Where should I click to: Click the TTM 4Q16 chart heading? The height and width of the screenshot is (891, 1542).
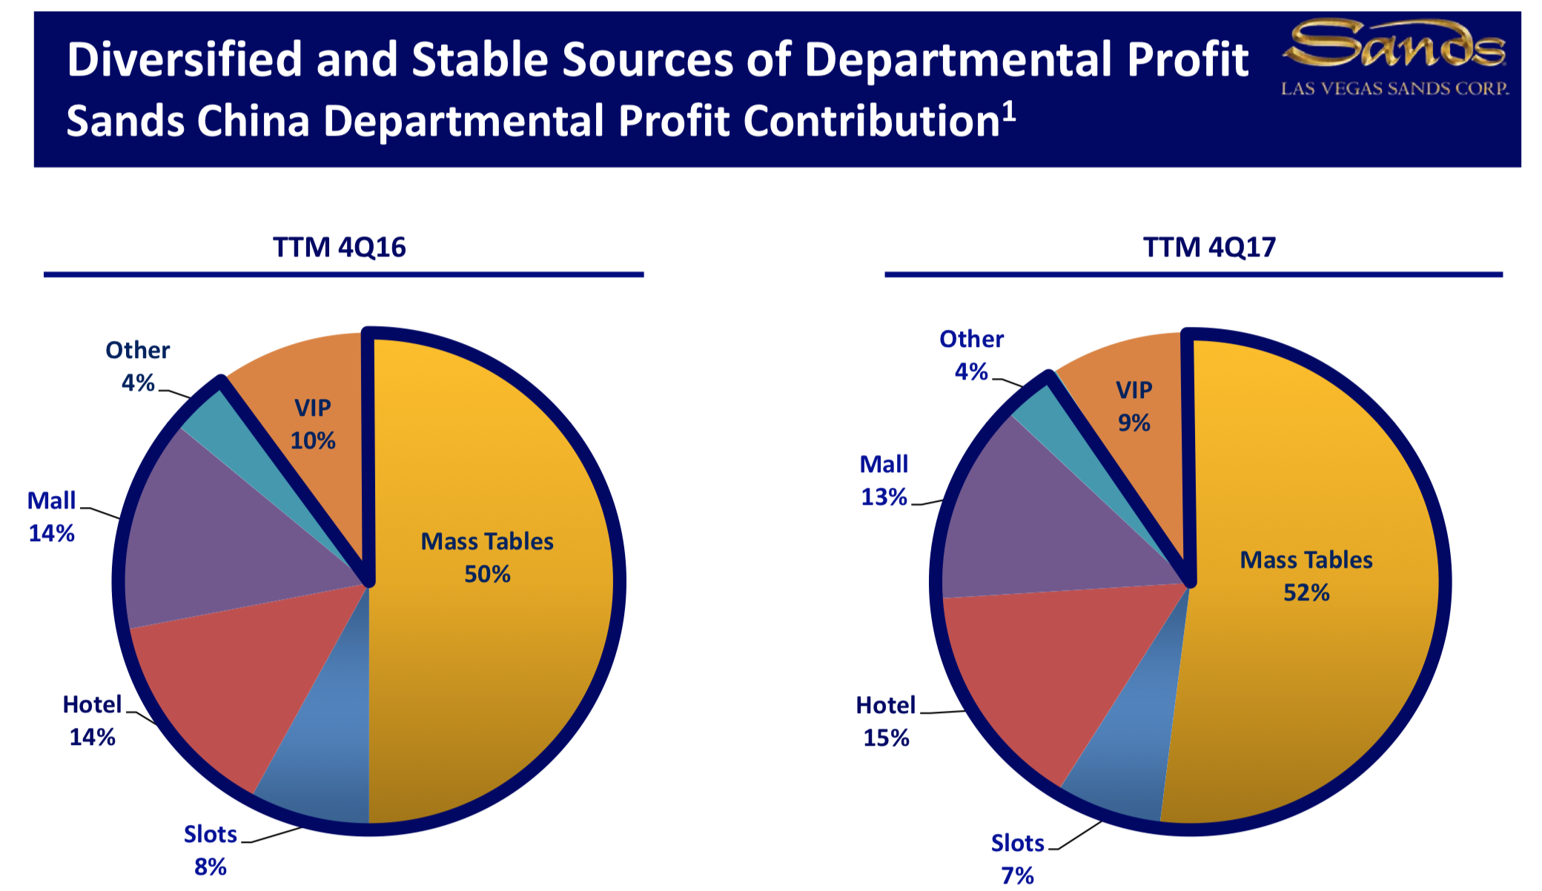point(339,247)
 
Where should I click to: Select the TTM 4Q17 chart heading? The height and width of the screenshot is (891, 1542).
point(1209,247)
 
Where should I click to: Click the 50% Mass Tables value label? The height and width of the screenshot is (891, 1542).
point(487,574)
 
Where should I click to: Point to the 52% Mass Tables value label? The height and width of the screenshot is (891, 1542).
point(1306,593)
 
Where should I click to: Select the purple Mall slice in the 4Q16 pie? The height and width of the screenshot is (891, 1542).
point(222,534)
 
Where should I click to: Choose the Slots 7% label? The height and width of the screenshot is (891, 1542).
point(1017,859)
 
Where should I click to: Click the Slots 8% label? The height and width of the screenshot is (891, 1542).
point(210,850)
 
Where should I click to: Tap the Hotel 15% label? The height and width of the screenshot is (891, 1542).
point(886,721)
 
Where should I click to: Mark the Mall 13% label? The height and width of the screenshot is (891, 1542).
point(884,480)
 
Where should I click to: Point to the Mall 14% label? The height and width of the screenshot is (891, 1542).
point(51,517)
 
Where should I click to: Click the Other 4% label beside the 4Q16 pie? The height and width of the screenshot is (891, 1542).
point(138,366)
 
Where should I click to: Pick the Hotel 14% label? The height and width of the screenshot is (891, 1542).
point(92,721)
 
